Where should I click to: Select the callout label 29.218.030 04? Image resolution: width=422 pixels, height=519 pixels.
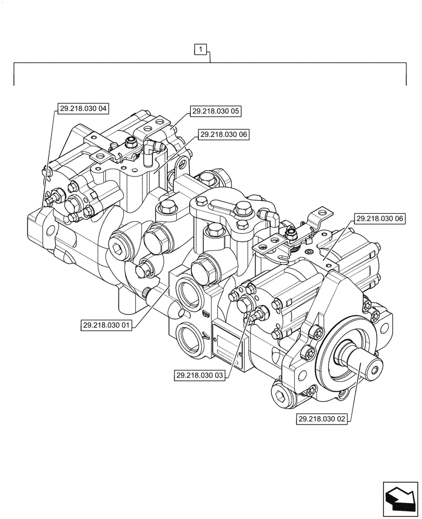[82, 108]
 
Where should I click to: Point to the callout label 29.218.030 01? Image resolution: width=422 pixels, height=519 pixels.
[107, 325]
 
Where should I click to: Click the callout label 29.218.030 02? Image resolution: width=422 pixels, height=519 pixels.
[322, 418]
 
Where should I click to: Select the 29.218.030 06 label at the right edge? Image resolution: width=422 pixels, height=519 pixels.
[380, 220]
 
